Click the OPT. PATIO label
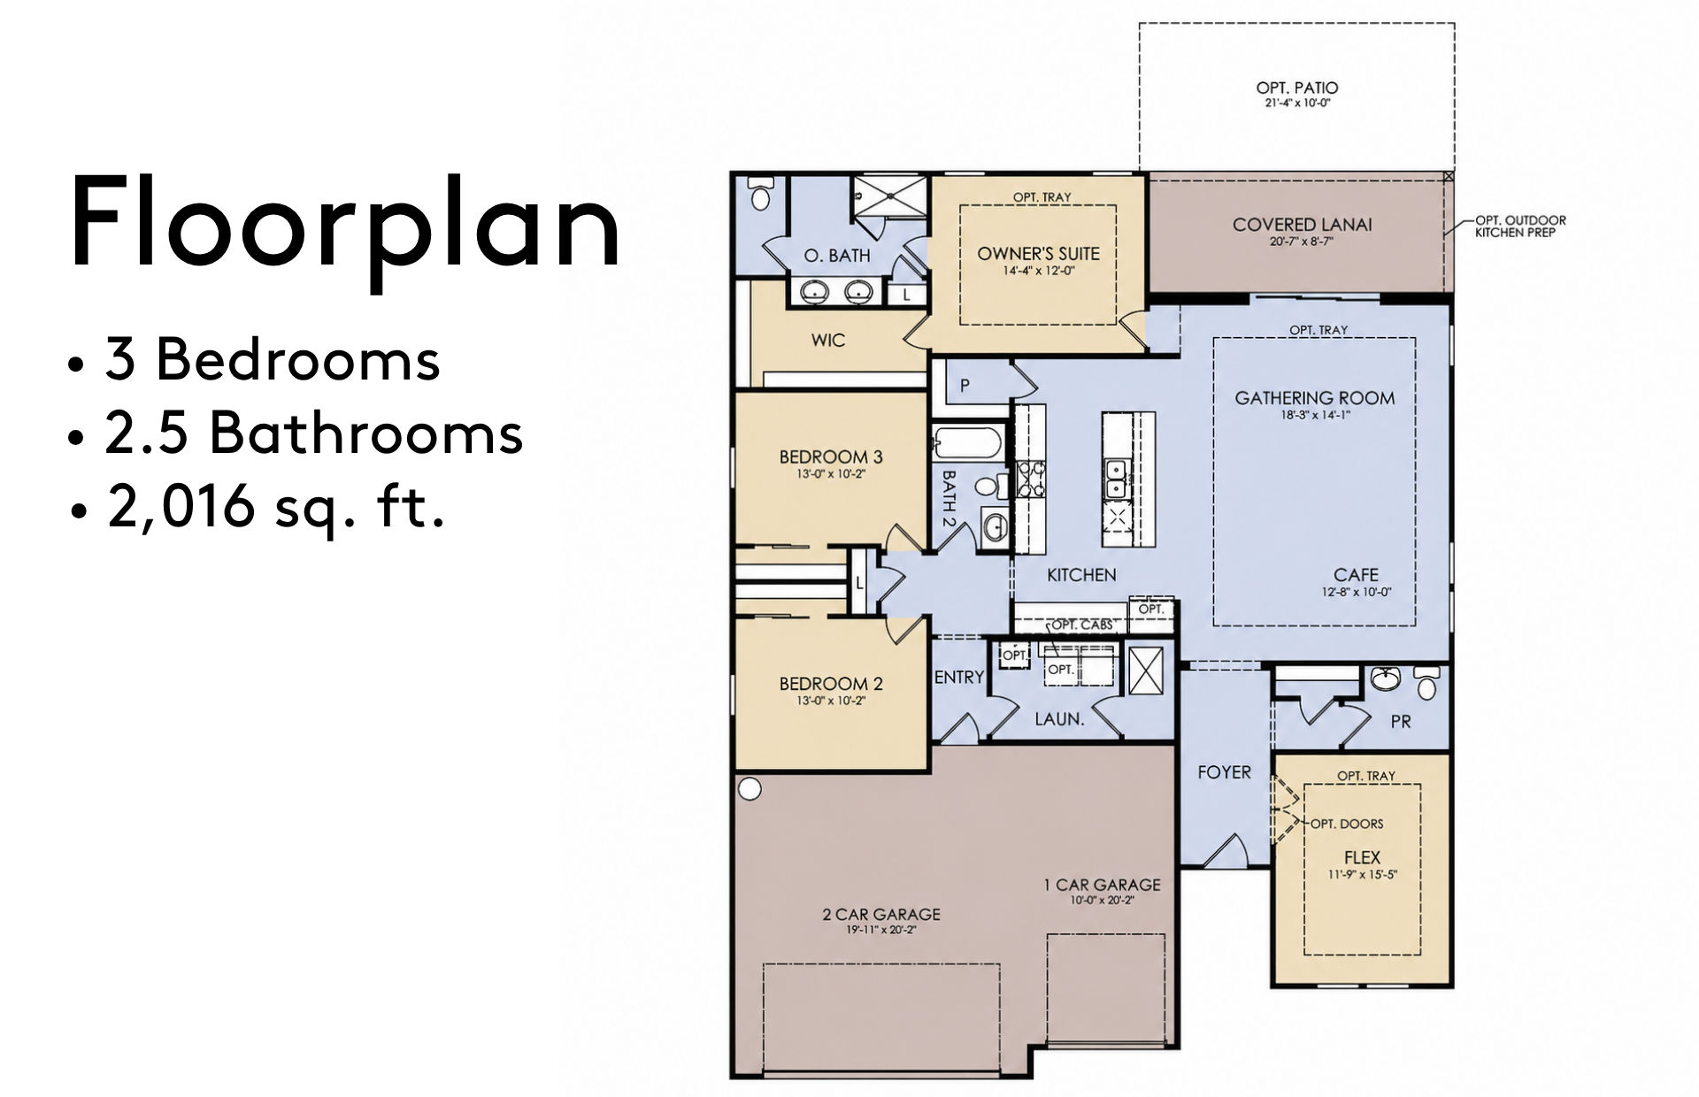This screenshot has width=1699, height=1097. pyautogui.click(x=1297, y=88)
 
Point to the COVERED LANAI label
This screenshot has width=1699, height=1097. pyautogui.click(x=1302, y=225)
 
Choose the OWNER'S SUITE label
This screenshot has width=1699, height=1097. pyautogui.click(x=1038, y=254)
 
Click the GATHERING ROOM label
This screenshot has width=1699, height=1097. pyautogui.click(x=1315, y=398)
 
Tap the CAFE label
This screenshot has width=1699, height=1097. pyautogui.click(x=1356, y=575)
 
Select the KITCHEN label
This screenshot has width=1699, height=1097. pyautogui.click(x=1081, y=575)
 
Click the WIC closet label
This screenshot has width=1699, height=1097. pyautogui.click(x=827, y=340)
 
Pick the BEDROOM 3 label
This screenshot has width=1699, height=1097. pyautogui.click(x=830, y=457)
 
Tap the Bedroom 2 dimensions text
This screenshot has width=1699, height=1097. pyautogui.click(x=830, y=701)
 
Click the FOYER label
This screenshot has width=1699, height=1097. pyautogui.click(x=1224, y=772)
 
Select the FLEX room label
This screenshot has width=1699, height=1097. pyautogui.click(x=1362, y=857)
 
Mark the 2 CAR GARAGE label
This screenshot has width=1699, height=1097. pyautogui.click(x=881, y=915)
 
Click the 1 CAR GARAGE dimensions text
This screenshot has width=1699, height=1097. pyautogui.click(x=1102, y=901)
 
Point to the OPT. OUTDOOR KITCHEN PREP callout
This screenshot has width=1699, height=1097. pyautogui.click(x=1520, y=226)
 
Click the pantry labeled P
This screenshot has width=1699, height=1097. pyautogui.click(x=965, y=386)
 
